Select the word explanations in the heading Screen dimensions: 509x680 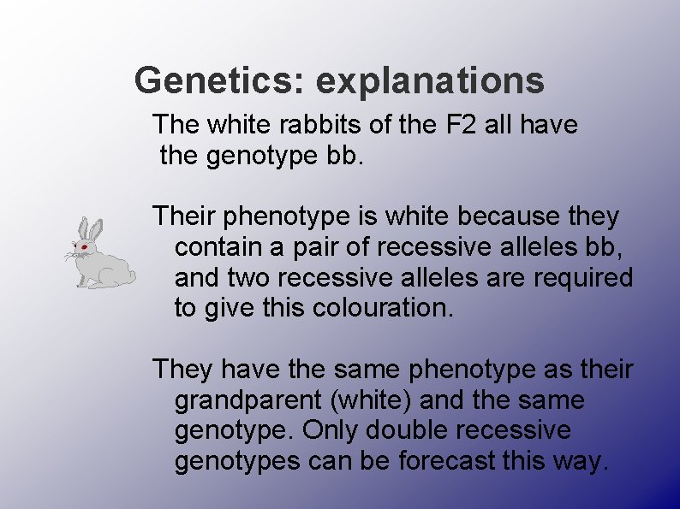(430, 81)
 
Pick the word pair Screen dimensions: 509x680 (343, 248)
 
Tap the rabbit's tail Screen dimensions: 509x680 (131, 274)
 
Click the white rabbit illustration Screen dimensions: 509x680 (100, 257)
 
